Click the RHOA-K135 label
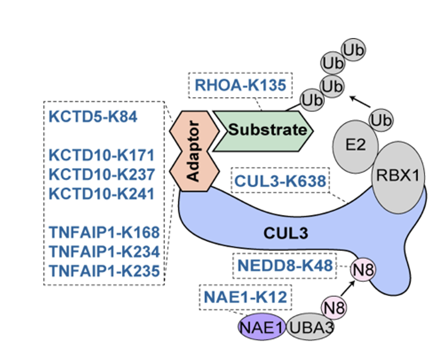[x=241, y=85]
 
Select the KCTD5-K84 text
[x=93, y=116]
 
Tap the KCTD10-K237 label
[x=102, y=174]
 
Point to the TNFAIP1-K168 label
[x=104, y=232]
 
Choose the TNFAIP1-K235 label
[x=104, y=271]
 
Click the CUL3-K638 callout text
[x=280, y=181]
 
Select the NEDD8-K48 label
[x=285, y=266]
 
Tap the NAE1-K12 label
[x=246, y=297]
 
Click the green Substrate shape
[x=263, y=131]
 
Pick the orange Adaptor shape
[x=194, y=151]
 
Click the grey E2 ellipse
[x=355, y=147]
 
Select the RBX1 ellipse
[x=398, y=177]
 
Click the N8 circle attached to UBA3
[x=334, y=308]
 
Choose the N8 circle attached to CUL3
[x=363, y=269]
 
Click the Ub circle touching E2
[x=381, y=120]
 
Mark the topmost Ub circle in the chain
[x=354, y=50]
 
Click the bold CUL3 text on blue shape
[x=286, y=233]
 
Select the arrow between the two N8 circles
[x=348, y=289]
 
